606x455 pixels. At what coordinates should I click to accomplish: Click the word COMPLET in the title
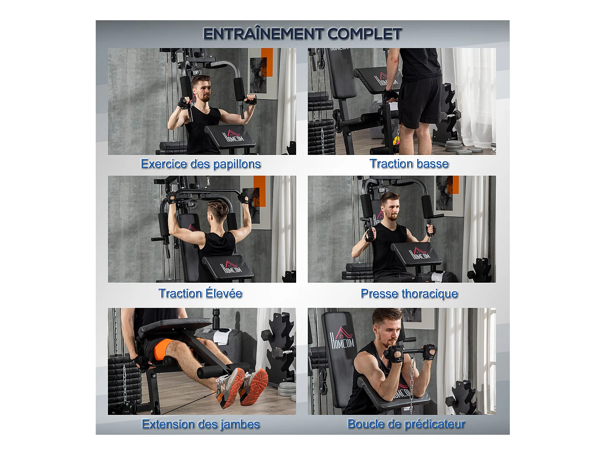tap(364, 34)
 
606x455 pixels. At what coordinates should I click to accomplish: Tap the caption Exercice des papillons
tap(201, 164)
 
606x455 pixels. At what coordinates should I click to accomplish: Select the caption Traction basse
tap(409, 164)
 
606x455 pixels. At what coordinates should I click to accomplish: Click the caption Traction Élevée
tap(200, 293)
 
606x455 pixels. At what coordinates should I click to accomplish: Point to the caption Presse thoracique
tap(409, 294)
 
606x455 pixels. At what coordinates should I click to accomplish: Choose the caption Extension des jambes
tap(201, 424)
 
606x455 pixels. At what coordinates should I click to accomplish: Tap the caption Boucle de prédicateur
tap(406, 424)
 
